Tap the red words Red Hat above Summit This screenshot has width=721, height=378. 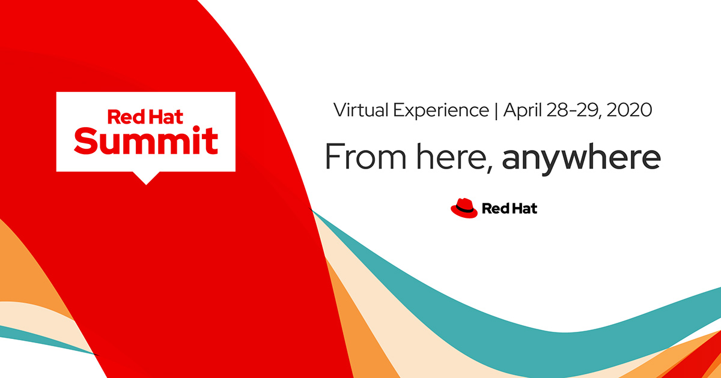click(x=146, y=115)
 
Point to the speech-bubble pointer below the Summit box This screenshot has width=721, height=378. click(x=146, y=178)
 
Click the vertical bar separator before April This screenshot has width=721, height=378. click(x=496, y=111)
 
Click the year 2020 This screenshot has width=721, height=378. click(x=630, y=111)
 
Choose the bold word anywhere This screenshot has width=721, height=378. click(x=581, y=158)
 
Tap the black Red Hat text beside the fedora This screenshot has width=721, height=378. click(x=510, y=209)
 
